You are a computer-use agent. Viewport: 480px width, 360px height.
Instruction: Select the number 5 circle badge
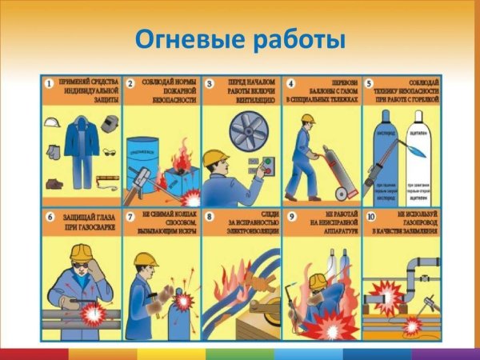pos(370,82)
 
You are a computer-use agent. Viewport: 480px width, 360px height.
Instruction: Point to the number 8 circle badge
pos(210,216)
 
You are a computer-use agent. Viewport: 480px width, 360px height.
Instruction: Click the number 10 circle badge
pos(370,216)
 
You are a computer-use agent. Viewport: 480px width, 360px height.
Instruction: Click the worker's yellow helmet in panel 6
pos(79,253)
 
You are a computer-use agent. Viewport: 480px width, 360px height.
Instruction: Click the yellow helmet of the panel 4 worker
pos(307,118)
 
